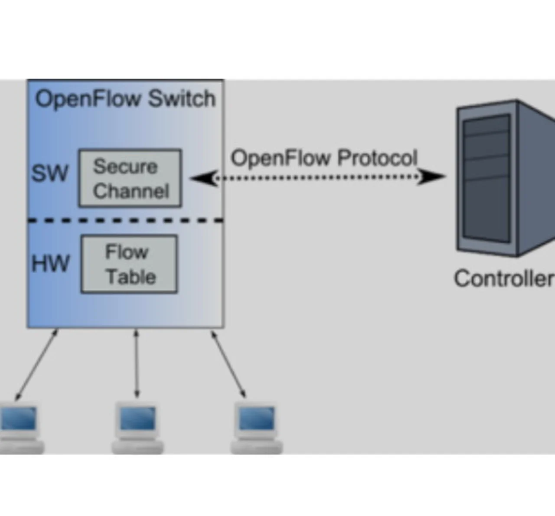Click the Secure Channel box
coord(130,178)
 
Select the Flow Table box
coord(129,264)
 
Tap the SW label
coord(50,173)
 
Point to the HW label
coord(50,263)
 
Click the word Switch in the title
coord(182,99)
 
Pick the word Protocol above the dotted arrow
coord(377,158)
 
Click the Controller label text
coord(503,278)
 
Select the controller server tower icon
coord(503,178)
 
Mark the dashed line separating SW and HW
coord(125,220)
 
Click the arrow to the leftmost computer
coord(36,364)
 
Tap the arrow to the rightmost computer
coord(229,364)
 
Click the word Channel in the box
coord(131,191)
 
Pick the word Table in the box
coord(131,277)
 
